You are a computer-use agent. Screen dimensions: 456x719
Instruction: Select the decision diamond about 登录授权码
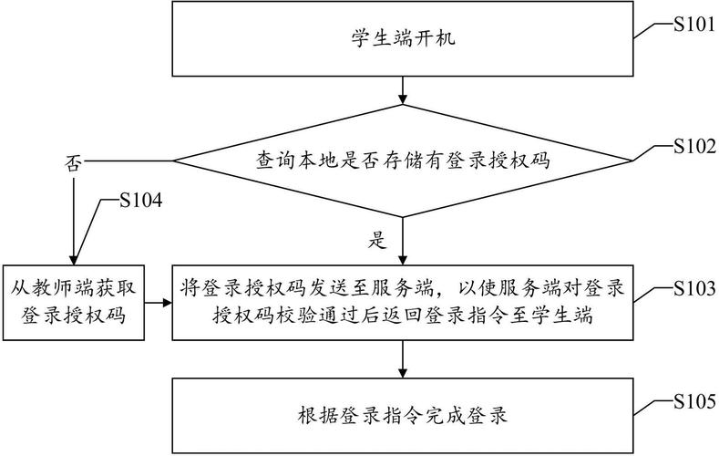[x=402, y=161]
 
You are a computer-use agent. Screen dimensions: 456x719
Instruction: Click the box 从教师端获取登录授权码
[x=73, y=303]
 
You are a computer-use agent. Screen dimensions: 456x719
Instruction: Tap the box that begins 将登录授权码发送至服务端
[x=402, y=303]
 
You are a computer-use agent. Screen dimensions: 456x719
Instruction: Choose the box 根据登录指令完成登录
[x=402, y=415]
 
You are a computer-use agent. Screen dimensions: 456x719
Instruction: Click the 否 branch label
[x=72, y=164]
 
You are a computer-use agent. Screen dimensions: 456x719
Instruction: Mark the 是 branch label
[x=377, y=241]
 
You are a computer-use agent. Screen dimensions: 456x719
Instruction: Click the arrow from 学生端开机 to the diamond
[x=402, y=88]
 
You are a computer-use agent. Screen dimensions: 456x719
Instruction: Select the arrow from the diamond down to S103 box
[x=402, y=242]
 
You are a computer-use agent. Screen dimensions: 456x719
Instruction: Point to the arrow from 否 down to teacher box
[x=72, y=219]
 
